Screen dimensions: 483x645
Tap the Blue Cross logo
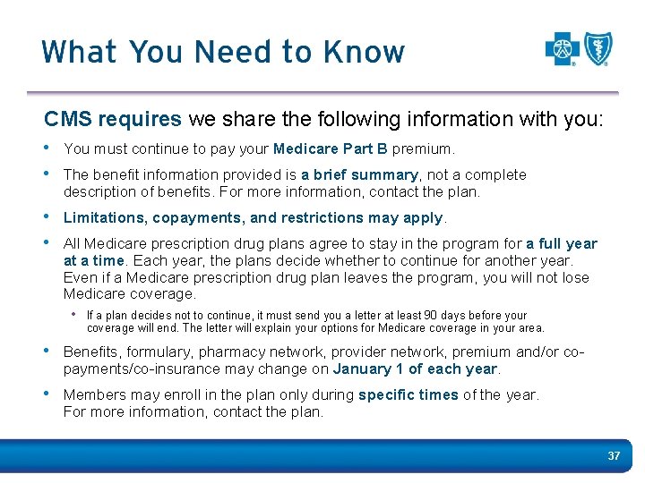coord(563,48)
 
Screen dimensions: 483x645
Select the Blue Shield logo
coord(598,48)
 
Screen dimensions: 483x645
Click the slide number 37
coord(614,456)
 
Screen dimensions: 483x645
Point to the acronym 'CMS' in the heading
coord(69,119)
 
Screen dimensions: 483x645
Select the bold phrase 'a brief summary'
coord(359,174)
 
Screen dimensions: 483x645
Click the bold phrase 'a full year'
coord(562,243)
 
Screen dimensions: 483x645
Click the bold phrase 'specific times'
coord(408,394)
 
